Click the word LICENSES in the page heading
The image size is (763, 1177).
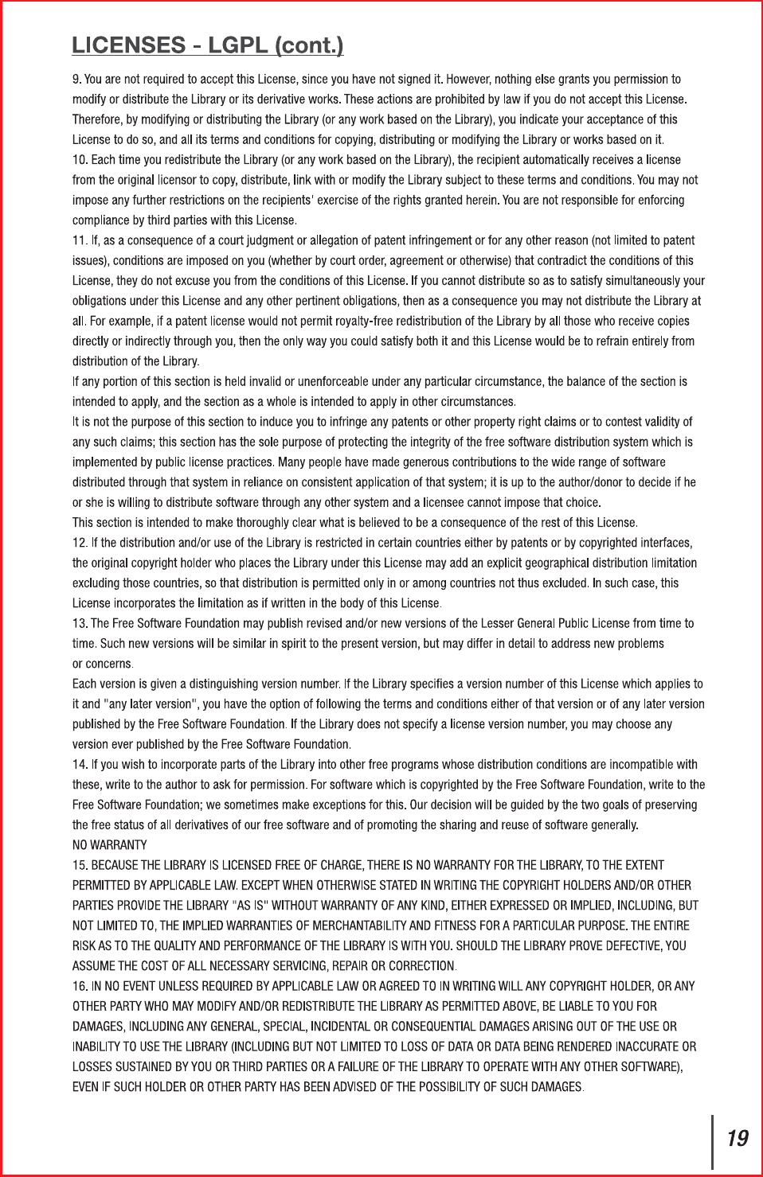(128, 45)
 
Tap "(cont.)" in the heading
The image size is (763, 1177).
(309, 45)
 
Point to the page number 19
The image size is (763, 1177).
(738, 1139)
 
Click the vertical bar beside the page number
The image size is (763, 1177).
(713, 1140)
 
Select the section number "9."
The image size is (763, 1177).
(76, 80)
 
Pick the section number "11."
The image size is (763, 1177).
(80, 240)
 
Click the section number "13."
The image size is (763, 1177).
(80, 623)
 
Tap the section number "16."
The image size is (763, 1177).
(80, 986)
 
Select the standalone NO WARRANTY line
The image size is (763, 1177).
(110, 845)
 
